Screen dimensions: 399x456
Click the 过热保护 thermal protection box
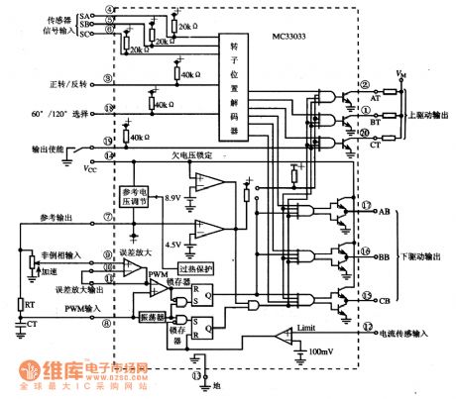195,268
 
